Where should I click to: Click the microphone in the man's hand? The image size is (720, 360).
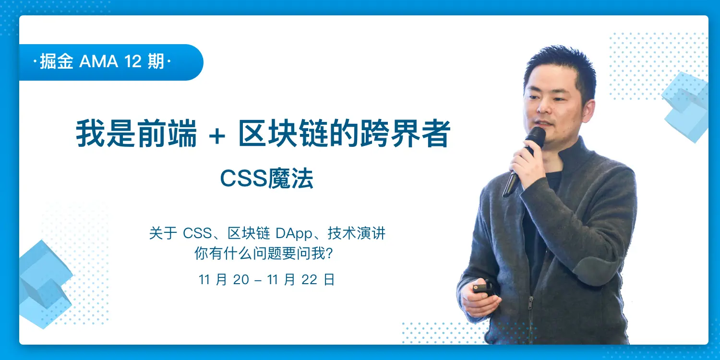click(x=524, y=161)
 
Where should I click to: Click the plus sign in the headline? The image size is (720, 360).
click(x=217, y=136)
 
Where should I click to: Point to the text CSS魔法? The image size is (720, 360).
click(x=266, y=178)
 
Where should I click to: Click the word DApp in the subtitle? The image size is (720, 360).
click(x=294, y=234)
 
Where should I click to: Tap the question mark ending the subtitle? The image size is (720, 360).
click(x=329, y=253)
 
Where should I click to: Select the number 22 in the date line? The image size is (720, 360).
click(x=310, y=280)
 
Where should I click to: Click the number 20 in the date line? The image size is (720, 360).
click(x=241, y=280)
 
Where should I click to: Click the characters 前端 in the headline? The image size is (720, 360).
click(x=167, y=134)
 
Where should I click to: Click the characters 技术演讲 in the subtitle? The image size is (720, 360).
click(x=357, y=233)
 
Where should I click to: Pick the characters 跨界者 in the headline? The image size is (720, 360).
click(x=405, y=134)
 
